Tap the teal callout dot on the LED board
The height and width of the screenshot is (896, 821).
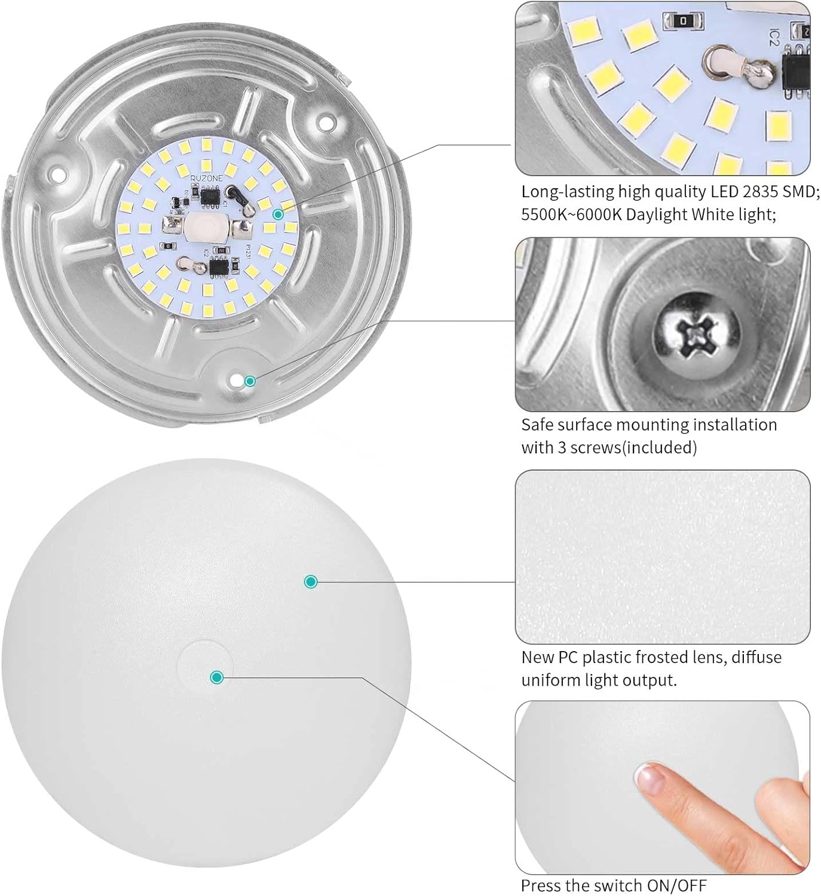click(277, 213)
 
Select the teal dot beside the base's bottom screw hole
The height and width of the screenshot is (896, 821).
click(250, 381)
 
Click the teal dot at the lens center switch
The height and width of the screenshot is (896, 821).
click(217, 677)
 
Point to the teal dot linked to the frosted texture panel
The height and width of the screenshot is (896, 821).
click(310, 581)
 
